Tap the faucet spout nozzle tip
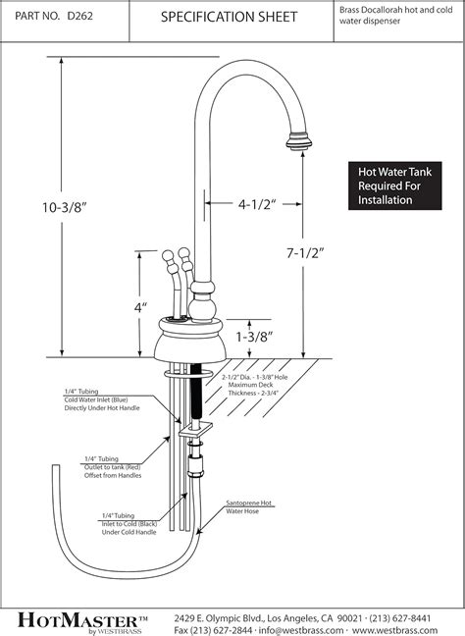tap(298, 141)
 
